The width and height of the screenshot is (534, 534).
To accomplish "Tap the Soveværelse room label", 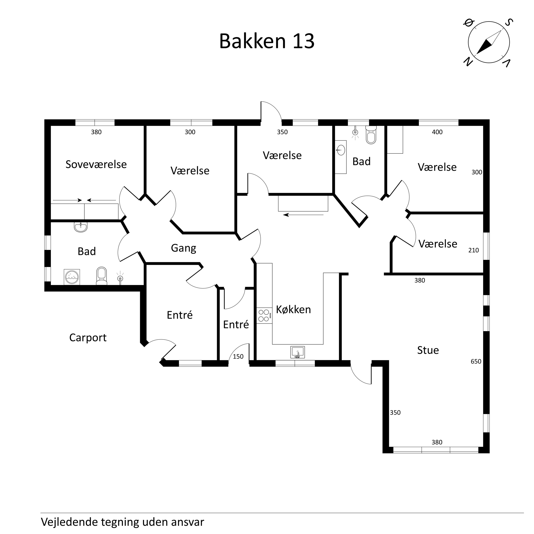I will tap(96, 164).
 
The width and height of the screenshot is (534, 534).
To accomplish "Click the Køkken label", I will tap(293, 309).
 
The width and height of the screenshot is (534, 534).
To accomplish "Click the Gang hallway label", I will tap(184, 248).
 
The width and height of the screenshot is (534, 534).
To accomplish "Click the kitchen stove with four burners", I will tap(264, 316).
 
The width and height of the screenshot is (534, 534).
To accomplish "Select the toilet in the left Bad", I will tap(101, 275).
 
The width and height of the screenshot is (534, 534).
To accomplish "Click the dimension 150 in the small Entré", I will tap(238, 357).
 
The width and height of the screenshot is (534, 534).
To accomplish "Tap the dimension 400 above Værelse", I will tap(437, 132).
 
